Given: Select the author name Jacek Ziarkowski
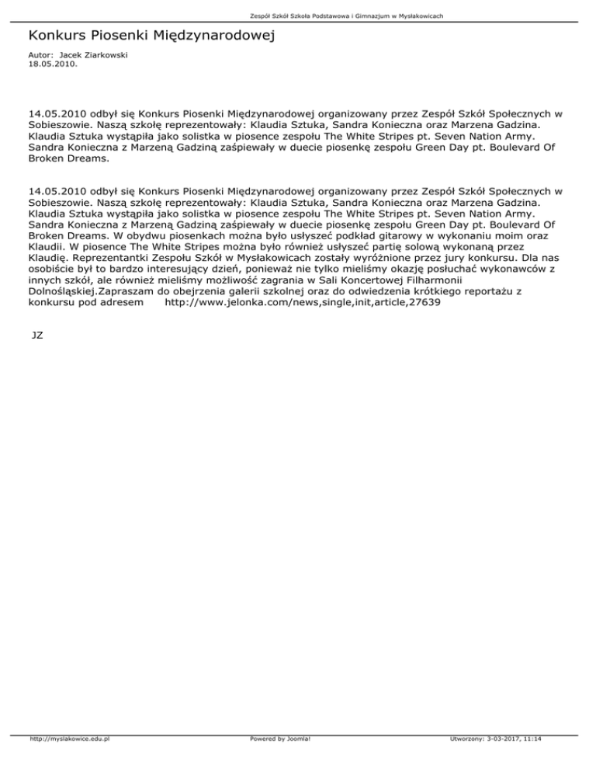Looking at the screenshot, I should pos(81,56).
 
